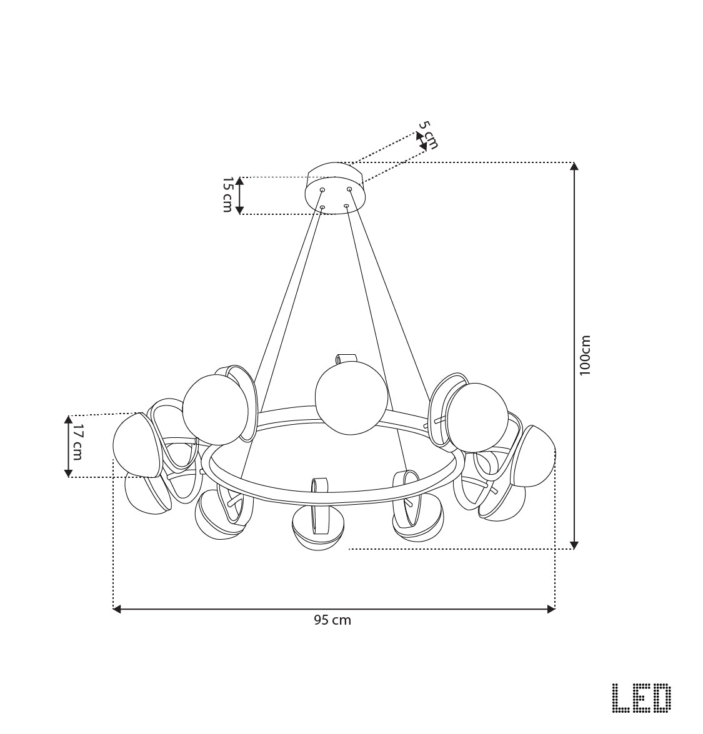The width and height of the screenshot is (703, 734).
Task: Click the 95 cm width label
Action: [332, 620]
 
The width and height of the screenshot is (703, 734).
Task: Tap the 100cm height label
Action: [585, 355]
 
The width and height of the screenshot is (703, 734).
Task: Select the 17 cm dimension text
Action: [77, 442]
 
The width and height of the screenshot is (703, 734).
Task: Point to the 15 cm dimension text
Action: [227, 194]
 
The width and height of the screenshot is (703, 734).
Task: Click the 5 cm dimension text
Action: [428, 135]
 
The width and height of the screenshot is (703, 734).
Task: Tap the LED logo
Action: [641, 698]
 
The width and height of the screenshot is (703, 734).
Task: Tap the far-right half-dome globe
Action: [536, 456]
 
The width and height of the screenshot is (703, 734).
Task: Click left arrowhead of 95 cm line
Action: [117, 608]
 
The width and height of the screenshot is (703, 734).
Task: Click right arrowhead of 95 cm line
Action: [551, 608]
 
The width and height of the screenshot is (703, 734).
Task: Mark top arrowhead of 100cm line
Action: [574, 166]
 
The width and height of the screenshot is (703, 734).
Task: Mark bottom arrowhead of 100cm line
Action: [574, 545]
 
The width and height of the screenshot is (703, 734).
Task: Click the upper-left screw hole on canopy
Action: [322, 189]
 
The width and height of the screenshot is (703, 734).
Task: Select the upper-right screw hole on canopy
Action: [350, 189]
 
